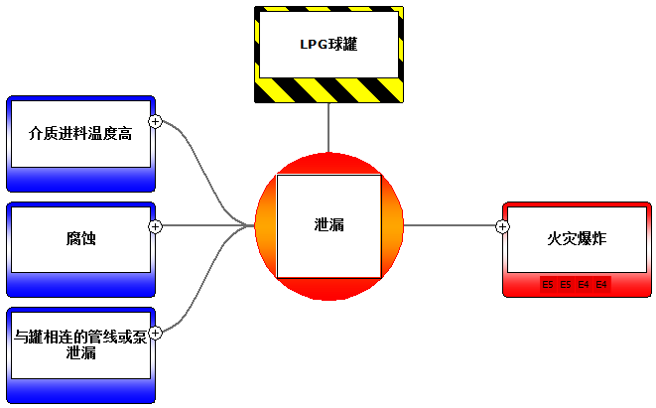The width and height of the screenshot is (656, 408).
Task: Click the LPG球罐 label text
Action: click(328, 44)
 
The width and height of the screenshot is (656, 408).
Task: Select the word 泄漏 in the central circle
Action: click(328, 225)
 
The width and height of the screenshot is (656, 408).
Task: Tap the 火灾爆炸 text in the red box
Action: click(577, 239)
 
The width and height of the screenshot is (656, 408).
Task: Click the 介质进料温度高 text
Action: click(80, 133)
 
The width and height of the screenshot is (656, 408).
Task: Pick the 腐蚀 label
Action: click(80, 239)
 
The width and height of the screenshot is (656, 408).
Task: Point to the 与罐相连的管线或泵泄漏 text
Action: click(80, 344)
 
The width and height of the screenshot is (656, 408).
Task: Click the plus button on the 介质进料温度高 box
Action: click(155, 121)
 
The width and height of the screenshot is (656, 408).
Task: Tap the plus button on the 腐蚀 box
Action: click(155, 226)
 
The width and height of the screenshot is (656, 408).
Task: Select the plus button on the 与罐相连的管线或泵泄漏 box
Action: click(155, 332)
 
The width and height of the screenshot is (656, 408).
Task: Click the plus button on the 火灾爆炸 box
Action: click(502, 226)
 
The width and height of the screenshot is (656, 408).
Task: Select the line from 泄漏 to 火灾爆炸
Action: click(452, 225)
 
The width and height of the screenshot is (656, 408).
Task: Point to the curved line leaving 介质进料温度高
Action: click(203, 164)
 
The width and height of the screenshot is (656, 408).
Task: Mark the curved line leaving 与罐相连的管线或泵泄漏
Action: click(203, 288)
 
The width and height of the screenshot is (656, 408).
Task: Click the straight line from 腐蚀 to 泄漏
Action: click(203, 225)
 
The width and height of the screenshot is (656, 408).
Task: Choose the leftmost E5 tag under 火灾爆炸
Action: click(549, 285)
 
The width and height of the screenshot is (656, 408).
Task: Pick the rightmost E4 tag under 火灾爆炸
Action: click(602, 285)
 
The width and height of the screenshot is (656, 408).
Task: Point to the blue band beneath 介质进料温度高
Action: click(80, 179)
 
